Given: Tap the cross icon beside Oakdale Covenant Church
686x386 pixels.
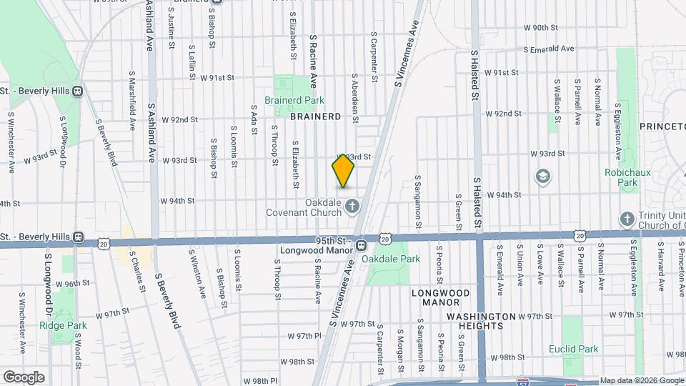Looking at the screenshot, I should coord(352,207).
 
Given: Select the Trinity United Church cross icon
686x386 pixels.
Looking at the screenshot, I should coord(627,219).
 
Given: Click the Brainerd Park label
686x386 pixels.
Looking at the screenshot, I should coord(289,101).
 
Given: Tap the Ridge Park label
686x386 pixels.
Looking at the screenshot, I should coord(73,325).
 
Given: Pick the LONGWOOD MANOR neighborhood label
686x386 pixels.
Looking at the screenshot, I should coord(440,297).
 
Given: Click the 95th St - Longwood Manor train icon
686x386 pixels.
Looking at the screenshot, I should coord(362,245).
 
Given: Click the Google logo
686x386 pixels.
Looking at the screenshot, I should coord(23,377).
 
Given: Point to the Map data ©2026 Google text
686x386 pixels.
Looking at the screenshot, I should coord(641,380).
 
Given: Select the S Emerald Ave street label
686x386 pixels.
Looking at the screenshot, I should coord(549,49).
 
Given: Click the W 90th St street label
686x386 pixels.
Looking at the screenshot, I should coord(540,27).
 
